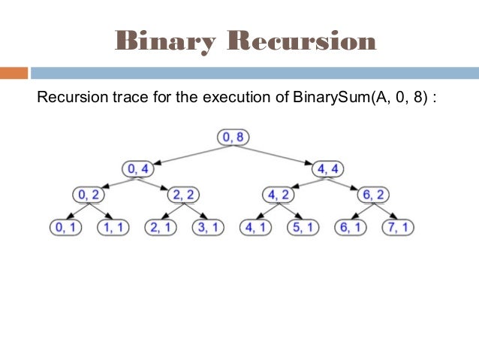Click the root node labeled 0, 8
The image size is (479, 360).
(233, 138)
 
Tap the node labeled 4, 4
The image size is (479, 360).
(333, 168)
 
